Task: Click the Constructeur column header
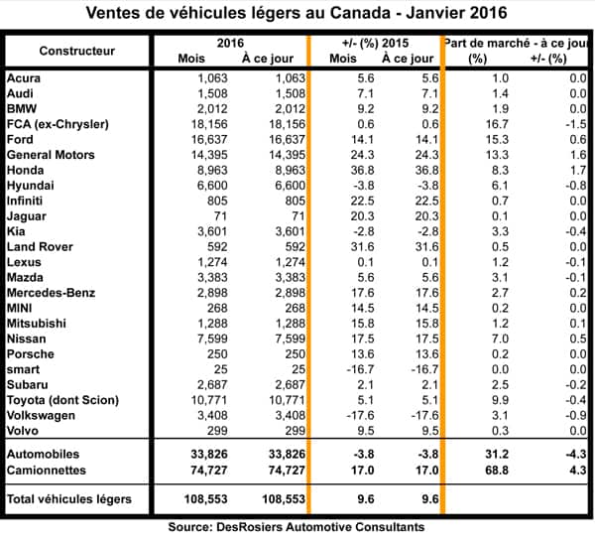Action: click(x=74, y=50)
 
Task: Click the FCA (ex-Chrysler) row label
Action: click(x=59, y=123)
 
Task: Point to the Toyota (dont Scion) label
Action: click(x=62, y=400)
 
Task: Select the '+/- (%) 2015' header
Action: click(x=374, y=43)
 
